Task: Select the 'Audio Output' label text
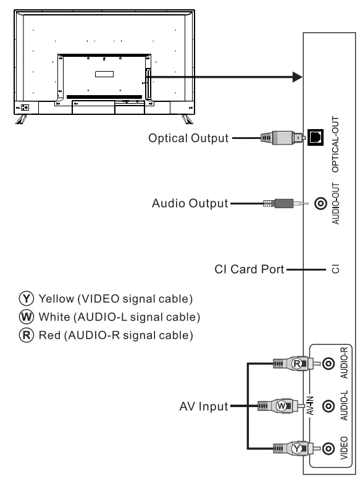pos(189,203)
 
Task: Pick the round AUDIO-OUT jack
pos(320,203)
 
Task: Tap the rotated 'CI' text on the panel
pos(335,269)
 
